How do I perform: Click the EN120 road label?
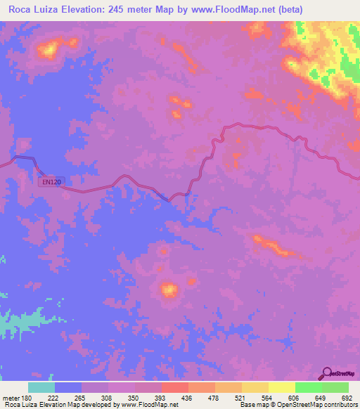pyautogui.click(x=51, y=181)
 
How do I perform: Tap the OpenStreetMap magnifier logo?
pyautogui.click(x=326, y=373)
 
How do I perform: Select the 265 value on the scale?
pyautogui.click(x=82, y=398)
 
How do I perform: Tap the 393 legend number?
pyautogui.click(x=162, y=398)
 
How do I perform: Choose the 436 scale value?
pyautogui.click(x=188, y=398)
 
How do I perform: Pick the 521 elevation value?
pyautogui.click(x=243, y=398)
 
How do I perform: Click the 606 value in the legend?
pyautogui.click(x=296, y=398)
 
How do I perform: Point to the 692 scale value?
pyautogui.click(x=348, y=398)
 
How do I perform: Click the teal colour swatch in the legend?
pyautogui.click(x=41, y=387)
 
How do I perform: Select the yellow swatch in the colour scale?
pyautogui.click(x=281, y=387)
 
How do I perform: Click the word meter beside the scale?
pyautogui.click(x=11, y=398)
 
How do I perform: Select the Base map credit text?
pyautogui.click(x=252, y=405)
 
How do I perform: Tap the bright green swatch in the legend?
pyautogui.click(x=308, y=387)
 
